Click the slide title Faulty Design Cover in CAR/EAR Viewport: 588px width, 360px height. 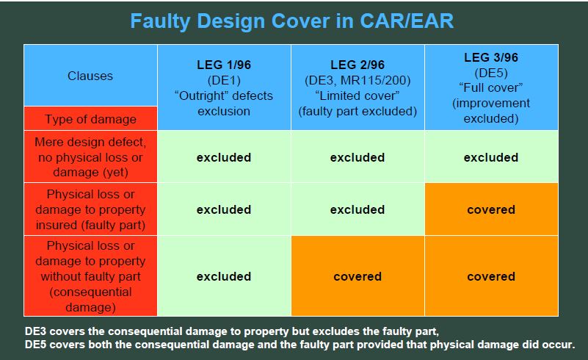pos(291,21)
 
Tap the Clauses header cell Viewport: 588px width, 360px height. pos(90,76)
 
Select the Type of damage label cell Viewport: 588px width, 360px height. pos(90,119)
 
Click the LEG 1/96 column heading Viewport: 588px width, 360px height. pos(224,65)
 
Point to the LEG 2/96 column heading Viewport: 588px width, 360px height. pos(357,65)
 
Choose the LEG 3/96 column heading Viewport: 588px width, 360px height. pos(491,57)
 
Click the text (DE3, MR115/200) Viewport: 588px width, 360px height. pos(357,80)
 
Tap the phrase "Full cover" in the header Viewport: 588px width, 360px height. pos(491,88)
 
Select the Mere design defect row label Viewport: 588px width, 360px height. pos(90,157)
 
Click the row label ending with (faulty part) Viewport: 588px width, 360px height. pos(90,209)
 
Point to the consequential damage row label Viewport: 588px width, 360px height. pos(90,276)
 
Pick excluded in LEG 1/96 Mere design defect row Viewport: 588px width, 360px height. pos(224,157)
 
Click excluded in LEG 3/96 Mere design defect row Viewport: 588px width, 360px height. pos(491,157)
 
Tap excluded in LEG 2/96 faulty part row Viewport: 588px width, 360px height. pos(357,209)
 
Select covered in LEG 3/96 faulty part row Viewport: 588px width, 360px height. pos(491,209)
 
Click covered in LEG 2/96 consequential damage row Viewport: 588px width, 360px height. pos(357,277)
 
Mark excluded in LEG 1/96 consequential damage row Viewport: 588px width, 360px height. pos(224,277)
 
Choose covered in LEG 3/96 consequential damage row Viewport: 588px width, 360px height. pos(491,277)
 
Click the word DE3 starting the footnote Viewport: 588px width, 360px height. pos(36,331)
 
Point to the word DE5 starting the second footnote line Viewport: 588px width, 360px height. pos(36,345)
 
